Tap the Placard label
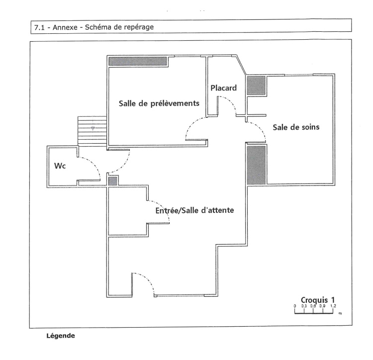click(x=223, y=88)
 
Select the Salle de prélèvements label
click(x=159, y=103)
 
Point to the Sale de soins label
click(x=296, y=127)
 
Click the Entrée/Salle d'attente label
click(x=194, y=210)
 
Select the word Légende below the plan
click(x=61, y=336)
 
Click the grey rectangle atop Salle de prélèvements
click(x=138, y=61)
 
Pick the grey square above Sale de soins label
click(x=257, y=86)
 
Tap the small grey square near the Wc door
click(x=112, y=181)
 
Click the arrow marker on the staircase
click(x=93, y=129)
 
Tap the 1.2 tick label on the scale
click(x=332, y=306)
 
